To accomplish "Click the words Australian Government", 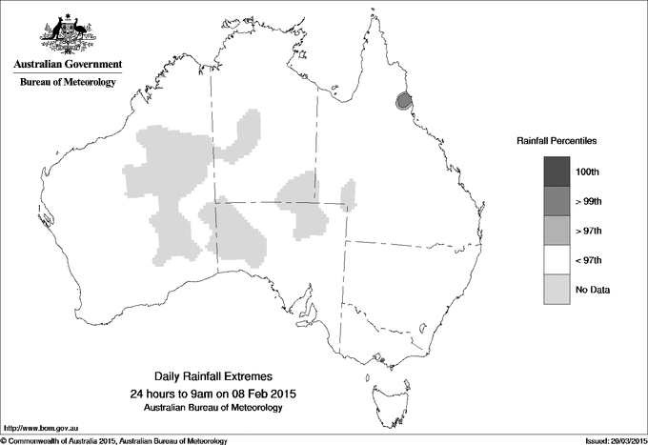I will click(67, 65).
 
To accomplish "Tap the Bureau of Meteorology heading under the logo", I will click(67, 83).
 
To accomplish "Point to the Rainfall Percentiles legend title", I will click(557, 140).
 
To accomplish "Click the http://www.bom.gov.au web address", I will click(39, 428).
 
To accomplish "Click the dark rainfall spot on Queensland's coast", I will click(403, 100).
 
